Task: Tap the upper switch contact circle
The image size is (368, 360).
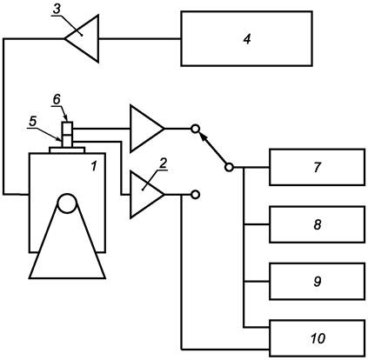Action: pos(196,129)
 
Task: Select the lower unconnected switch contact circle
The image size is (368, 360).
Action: pos(196,195)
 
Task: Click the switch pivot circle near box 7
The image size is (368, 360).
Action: pos(229,167)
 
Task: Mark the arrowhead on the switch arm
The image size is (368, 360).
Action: pos(204,137)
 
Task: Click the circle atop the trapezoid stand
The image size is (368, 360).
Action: pos(67,203)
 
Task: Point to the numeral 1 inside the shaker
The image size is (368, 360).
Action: pos(93,166)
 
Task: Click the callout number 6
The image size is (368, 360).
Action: pos(57,99)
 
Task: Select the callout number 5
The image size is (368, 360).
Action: pos(33,122)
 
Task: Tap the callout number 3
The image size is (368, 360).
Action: pos(57,9)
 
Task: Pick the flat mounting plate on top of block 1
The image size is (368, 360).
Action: pos(67,150)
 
